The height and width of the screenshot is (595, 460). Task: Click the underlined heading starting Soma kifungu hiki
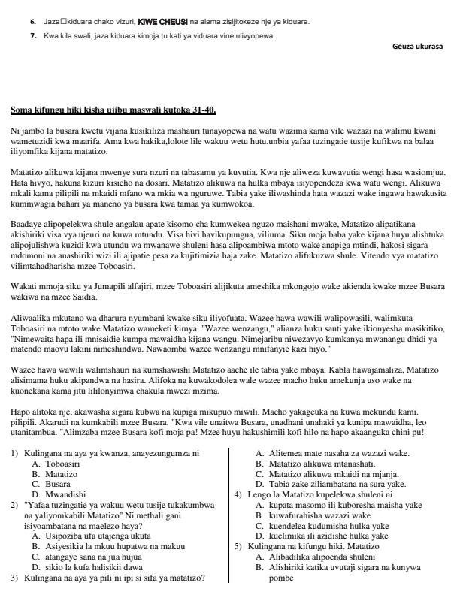point(113,110)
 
